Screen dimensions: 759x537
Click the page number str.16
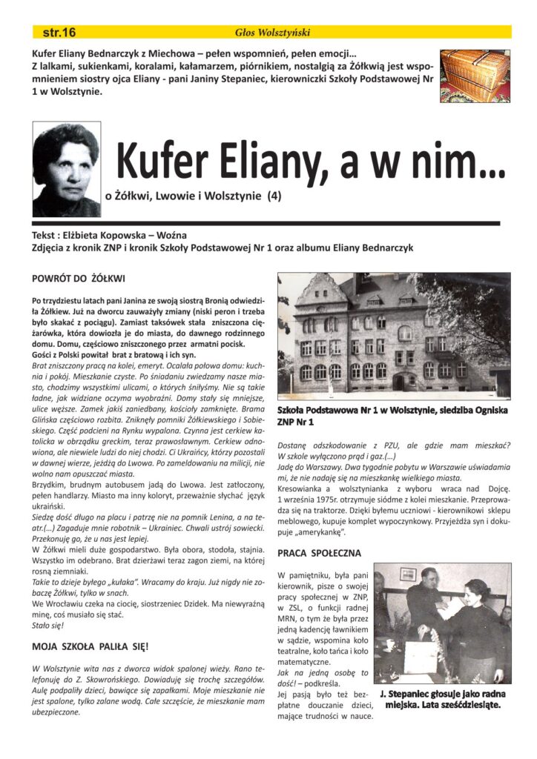pos(59,33)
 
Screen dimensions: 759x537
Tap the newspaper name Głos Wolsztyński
pos(271,33)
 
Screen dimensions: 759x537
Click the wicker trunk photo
pos(475,76)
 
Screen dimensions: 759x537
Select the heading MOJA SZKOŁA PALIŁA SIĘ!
pos(90,646)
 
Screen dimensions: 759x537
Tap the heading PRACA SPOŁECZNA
pos(319,553)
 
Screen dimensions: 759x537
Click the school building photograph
pos(393,336)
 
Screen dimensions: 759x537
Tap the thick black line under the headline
pos(266,222)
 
